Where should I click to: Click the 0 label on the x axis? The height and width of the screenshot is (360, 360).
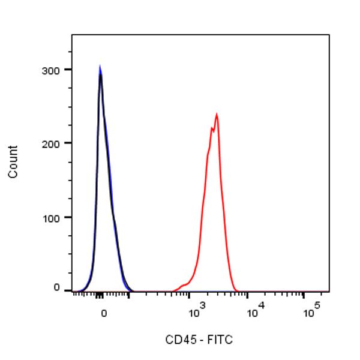coord(104,313)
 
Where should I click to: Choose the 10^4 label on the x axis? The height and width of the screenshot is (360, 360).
coord(254,311)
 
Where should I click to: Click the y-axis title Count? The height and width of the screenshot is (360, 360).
coord(13,161)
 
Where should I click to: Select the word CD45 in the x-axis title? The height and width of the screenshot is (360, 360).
coord(178,340)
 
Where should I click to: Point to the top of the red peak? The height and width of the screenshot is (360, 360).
coord(216,114)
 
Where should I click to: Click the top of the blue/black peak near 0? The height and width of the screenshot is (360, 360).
coord(100,67)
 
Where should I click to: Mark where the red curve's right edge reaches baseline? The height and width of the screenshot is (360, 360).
coord(236,290)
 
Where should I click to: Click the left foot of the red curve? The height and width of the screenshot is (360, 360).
coord(173,290)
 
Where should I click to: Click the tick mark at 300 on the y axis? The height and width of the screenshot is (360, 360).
coord(68,70)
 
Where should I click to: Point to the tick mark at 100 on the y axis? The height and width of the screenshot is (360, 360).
coord(68,217)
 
